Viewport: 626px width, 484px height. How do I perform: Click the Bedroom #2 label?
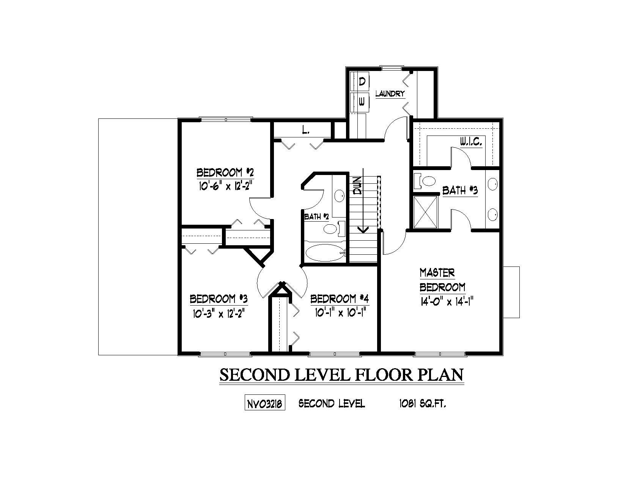(225, 173)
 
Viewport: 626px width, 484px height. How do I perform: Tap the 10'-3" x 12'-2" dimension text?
(219, 313)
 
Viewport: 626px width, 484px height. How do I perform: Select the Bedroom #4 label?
(340, 299)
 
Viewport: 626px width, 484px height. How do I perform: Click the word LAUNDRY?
(390, 94)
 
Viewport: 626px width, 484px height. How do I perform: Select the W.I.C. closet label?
(471, 142)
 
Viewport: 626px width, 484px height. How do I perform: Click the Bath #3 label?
(460, 191)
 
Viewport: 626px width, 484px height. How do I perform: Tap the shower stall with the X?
(425, 212)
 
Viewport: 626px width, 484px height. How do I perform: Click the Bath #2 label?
(316, 217)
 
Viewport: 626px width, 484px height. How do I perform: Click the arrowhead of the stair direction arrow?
(363, 229)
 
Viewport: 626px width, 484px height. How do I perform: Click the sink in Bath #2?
(339, 196)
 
